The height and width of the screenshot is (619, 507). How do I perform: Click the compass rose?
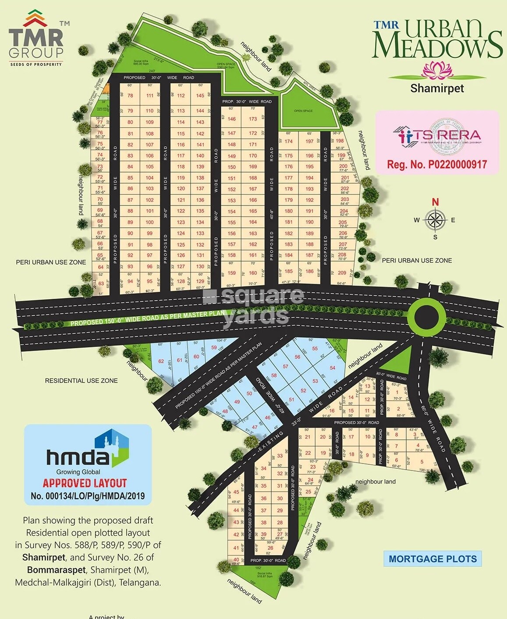(435, 219)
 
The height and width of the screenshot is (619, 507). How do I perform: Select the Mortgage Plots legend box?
(433, 559)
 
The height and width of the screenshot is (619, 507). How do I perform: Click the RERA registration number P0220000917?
(437, 165)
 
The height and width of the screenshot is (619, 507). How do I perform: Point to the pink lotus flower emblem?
(437, 69)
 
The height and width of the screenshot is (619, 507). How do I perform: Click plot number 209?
(342, 272)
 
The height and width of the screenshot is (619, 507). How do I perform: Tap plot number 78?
(130, 96)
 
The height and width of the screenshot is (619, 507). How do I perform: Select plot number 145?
(200, 96)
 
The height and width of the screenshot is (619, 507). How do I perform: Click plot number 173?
(253, 119)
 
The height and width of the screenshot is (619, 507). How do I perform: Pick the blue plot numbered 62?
(161, 361)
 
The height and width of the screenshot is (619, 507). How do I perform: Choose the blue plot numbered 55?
(315, 349)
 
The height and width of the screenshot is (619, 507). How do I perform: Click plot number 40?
(236, 559)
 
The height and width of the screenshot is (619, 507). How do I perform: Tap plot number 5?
(422, 462)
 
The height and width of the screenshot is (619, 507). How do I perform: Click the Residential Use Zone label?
(82, 381)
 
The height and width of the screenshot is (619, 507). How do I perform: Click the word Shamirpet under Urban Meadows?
(437, 88)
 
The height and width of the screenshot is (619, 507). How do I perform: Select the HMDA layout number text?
(88, 496)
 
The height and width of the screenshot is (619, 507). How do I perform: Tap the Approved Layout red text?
(85, 483)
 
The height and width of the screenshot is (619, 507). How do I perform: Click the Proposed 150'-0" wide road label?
(148, 318)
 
